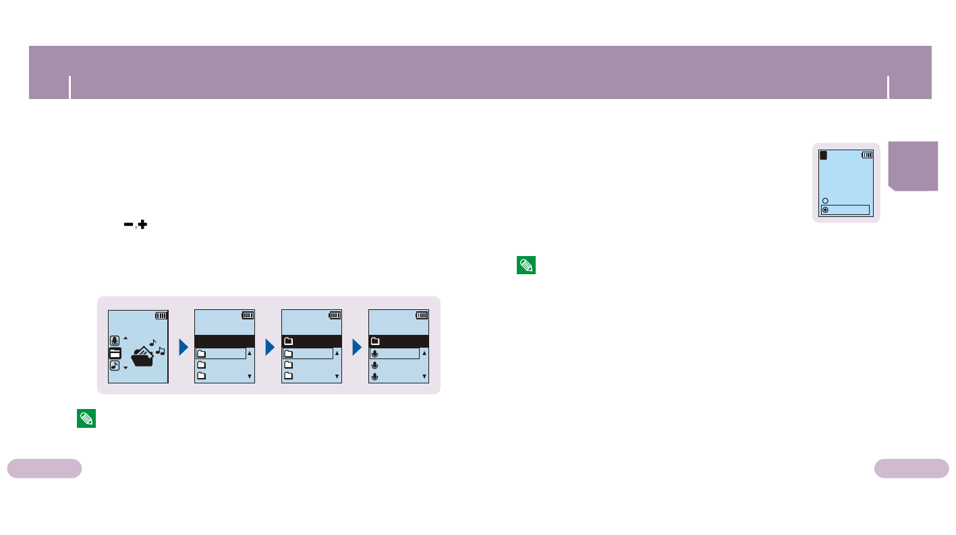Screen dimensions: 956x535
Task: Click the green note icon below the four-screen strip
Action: pos(86,418)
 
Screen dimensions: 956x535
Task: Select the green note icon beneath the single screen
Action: pos(526,265)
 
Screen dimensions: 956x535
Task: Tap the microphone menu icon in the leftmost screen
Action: pos(115,340)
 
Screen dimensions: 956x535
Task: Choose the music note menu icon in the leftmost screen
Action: pos(115,366)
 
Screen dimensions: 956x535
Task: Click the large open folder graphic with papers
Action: pos(142,355)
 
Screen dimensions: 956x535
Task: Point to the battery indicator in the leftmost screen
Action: pos(161,315)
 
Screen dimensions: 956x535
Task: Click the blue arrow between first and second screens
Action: pos(183,348)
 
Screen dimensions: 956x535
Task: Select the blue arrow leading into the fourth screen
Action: pos(357,348)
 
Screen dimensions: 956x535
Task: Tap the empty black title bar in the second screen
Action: pos(225,341)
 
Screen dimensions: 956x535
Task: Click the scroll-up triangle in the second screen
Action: pos(250,353)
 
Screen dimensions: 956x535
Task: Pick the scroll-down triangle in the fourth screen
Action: pos(424,377)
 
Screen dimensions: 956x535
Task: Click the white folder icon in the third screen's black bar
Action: pos(289,341)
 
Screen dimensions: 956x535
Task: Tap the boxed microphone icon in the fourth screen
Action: pos(375,353)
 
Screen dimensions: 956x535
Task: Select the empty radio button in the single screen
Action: pos(825,201)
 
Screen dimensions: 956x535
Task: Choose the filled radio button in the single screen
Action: pos(825,210)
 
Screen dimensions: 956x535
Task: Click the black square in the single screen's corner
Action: pos(824,155)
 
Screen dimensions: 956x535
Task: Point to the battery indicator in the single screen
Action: pos(867,155)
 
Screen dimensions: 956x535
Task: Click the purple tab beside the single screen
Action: pos(913,166)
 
